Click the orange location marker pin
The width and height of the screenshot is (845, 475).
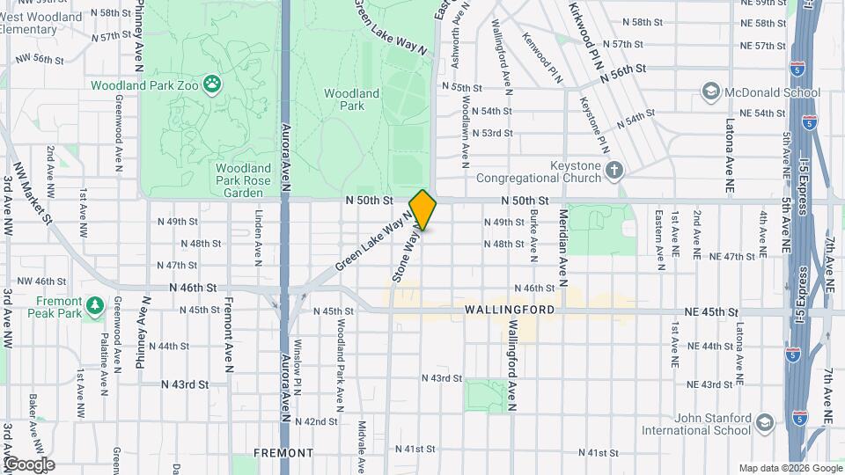[x=422, y=209]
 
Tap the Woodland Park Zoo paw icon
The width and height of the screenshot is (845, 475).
[x=211, y=84]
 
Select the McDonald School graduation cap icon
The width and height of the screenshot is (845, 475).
[x=709, y=91]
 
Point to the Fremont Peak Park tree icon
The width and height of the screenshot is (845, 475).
[x=94, y=305]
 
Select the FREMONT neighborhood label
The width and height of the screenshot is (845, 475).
[x=283, y=453]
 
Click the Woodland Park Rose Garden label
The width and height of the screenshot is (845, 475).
[x=240, y=180]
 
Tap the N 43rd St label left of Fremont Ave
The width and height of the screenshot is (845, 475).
[x=185, y=384]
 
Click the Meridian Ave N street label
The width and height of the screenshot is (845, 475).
[x=560, y=247]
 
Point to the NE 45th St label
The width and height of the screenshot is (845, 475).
[x=710, y=312]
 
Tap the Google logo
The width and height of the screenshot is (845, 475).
[x=29, y=464]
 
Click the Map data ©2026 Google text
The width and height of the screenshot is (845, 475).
[x=789, y=468]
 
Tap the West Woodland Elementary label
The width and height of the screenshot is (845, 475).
[x=41, y=23]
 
